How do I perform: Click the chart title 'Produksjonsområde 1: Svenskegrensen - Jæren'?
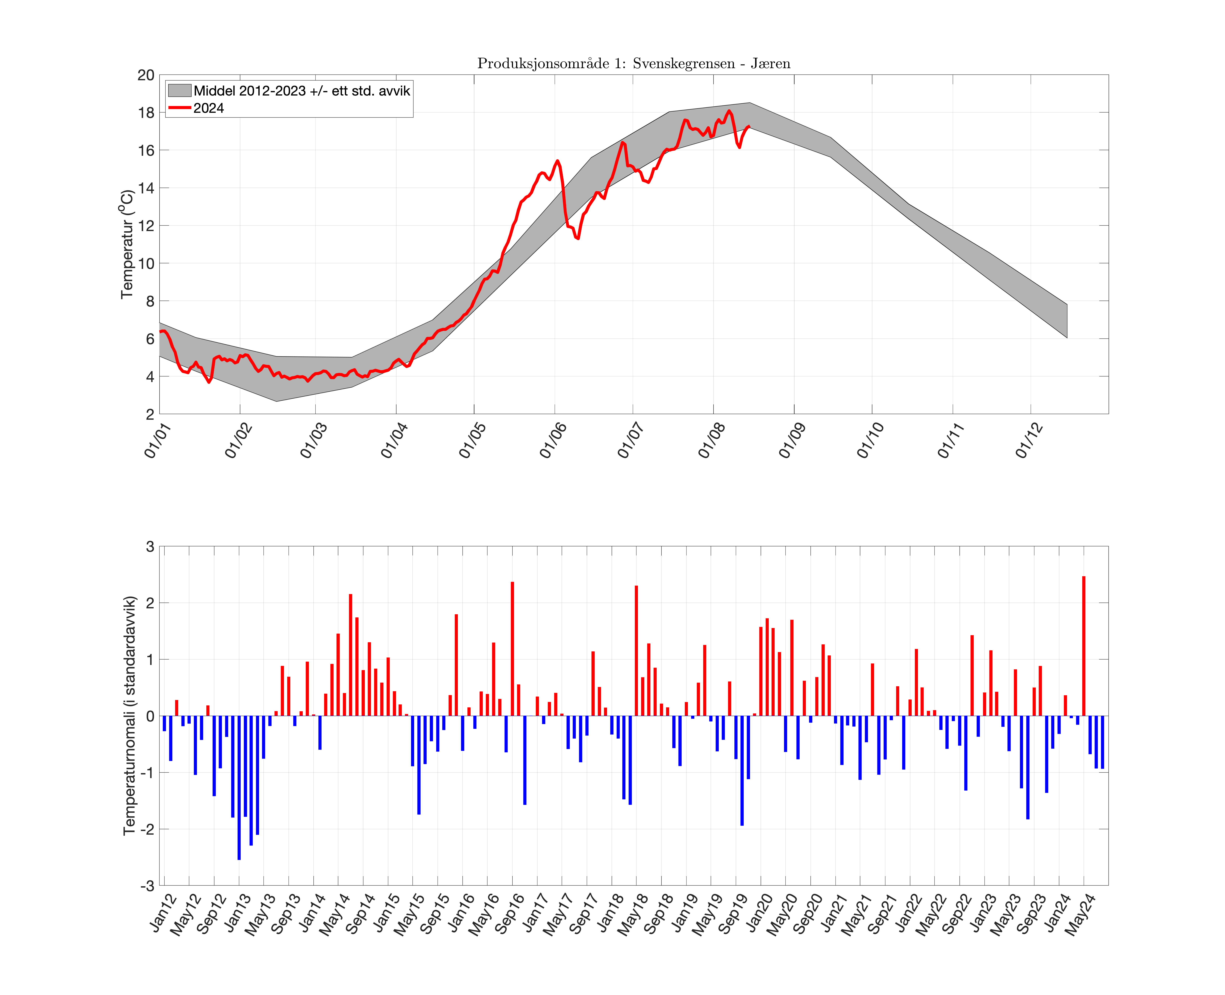coord(633,64)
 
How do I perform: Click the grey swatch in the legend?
coord(179,91)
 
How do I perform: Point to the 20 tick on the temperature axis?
coord(146,75)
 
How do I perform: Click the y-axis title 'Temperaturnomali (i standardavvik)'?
coord(130,715)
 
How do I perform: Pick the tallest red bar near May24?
coord(1083,646)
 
